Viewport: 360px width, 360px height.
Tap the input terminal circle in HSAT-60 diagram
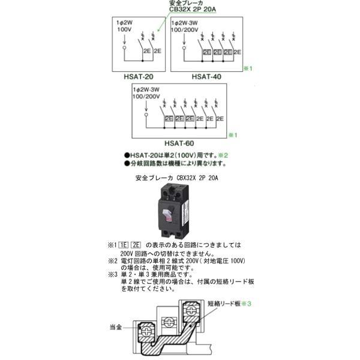146,112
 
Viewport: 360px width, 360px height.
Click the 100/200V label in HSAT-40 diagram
188,29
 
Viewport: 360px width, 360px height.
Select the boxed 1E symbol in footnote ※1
123,245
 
